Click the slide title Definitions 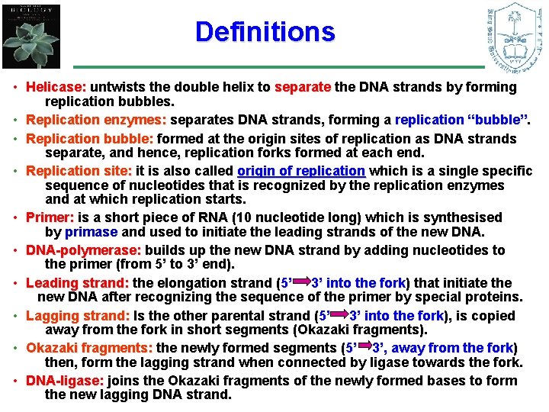(265, 32)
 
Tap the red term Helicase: (56, 87)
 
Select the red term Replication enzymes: (96, 120)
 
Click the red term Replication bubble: (90, 139)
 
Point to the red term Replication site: (79, 171)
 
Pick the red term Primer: (50, 217)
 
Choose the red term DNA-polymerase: (84, 250)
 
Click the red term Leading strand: (77, 283)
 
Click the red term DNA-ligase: (65, 381)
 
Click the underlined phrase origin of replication (301, 171)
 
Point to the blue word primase (91, 233)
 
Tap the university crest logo (515, 37)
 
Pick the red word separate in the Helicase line (303, 87)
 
